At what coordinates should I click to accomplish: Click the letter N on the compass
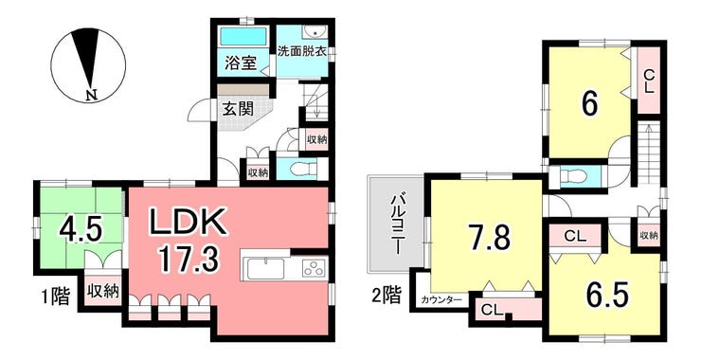click(92, 95)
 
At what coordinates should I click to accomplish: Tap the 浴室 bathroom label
click(240, 64)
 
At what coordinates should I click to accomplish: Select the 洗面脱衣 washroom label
click(301, 50)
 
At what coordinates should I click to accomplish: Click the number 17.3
click(188, 261)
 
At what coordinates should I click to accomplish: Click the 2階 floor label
click(386, 296)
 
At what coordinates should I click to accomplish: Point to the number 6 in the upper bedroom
click(589, 106)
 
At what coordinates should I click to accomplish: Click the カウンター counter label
click(440, 300)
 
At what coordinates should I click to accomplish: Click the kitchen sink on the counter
click(265, 269)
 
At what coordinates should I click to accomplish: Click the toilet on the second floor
click(572, 176)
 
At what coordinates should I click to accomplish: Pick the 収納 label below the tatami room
click(103, 292)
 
